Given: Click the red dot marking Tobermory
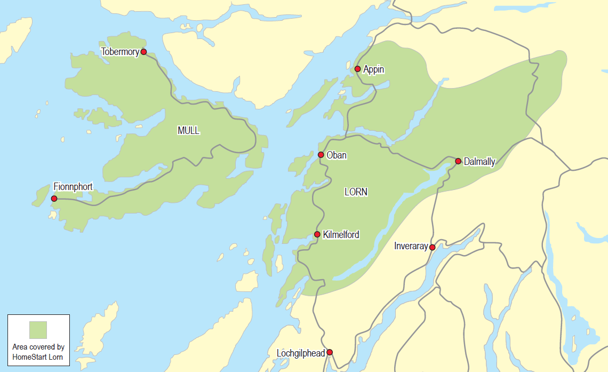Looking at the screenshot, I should point(143,52).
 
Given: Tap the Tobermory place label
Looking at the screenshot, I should point(120,52).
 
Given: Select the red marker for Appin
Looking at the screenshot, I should point(357,69).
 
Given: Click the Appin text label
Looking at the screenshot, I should point(373,69).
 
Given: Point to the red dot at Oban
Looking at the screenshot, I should point(321,155).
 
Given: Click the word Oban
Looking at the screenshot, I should point(336,155).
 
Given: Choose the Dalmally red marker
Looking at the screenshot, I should point(458,161).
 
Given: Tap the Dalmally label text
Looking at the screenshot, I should point(479,162).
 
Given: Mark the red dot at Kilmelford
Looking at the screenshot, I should point(317,234).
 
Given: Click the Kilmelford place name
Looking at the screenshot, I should point(341,234).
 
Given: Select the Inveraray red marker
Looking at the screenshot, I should point(432,247).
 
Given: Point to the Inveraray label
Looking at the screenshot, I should point(411,246).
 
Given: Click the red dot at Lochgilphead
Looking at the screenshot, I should point(330,352).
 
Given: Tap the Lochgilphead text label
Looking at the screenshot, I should point(301,353).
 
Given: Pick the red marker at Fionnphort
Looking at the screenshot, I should point(54,199).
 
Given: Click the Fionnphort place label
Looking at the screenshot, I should point(73,187).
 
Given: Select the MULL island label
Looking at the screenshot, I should point(188,131).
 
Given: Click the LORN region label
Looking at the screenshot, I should point(356,192).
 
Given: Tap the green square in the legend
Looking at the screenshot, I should point(38,330).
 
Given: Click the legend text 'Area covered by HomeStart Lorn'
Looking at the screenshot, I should point(38,352).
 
